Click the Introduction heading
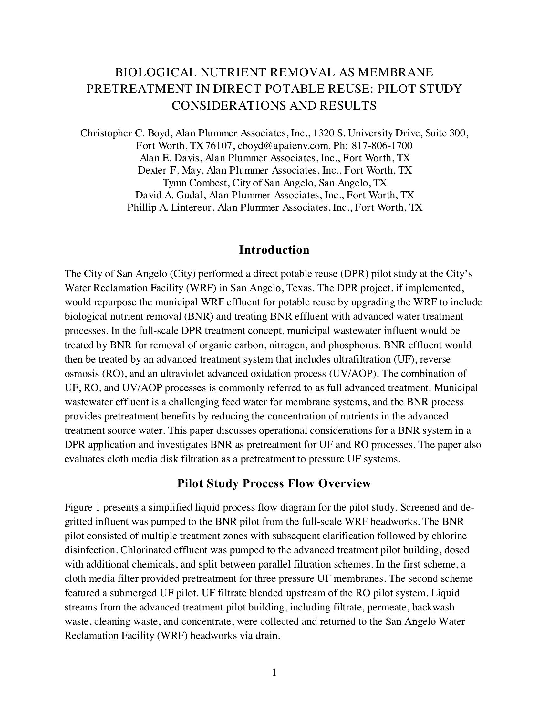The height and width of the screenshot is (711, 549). [x=274, y=250]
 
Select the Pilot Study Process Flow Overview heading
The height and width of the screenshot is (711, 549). [x=274, y=483]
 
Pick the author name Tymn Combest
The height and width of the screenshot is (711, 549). [x=196, y=183]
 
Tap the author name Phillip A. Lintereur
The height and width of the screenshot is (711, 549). [x=169, y=207]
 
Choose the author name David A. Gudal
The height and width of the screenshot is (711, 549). [x=169, y=195]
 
